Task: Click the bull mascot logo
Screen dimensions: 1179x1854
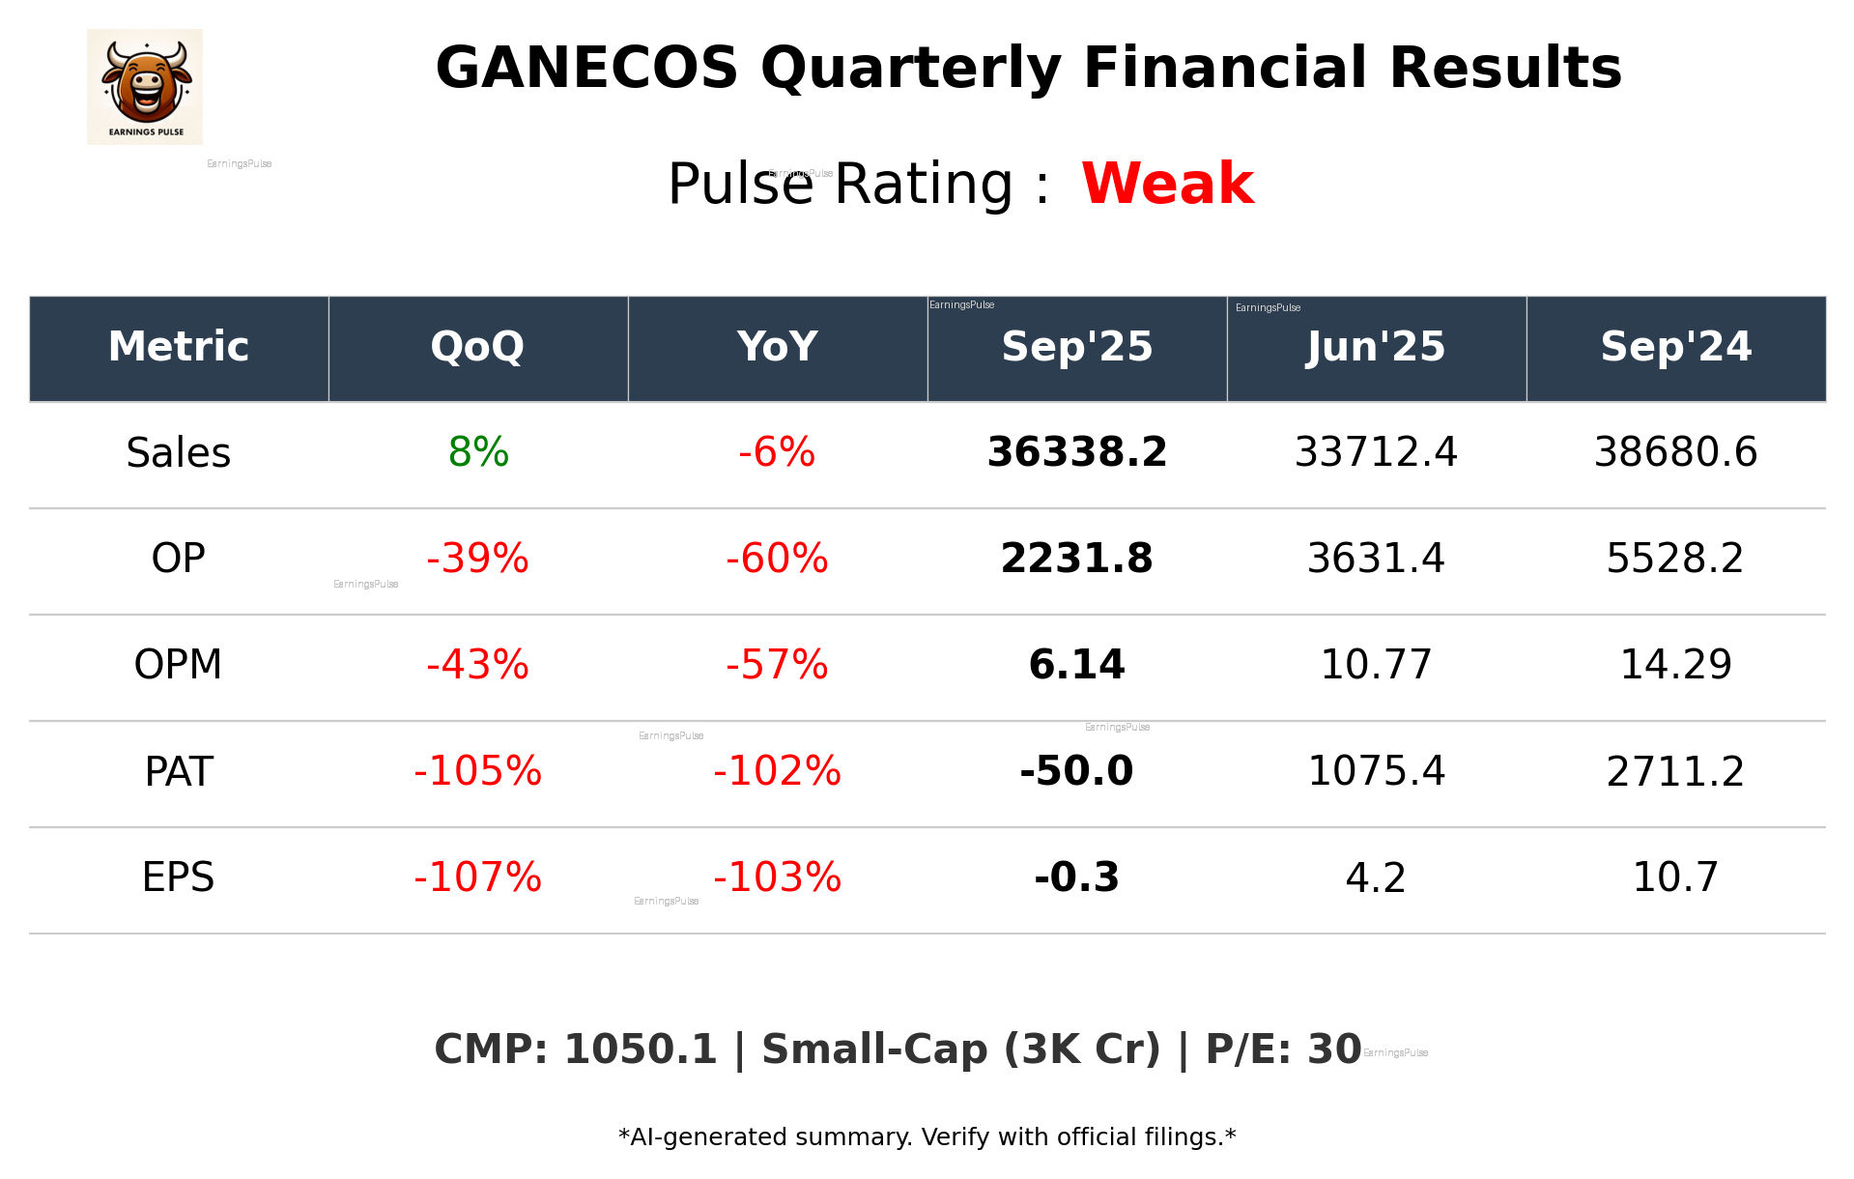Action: pos(145,86)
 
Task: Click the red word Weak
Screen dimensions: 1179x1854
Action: pos(1167,184)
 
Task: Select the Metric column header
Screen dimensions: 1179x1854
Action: pos(179,347)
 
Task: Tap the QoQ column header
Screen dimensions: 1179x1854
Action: pos(477,347)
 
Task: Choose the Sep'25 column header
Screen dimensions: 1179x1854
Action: pos(1076,347)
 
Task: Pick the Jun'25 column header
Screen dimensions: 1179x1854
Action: pos(1376,347)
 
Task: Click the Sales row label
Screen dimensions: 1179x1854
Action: pos(179,452)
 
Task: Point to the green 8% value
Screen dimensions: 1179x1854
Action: pos(478,452)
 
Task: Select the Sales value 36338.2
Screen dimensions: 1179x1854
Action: pos(1076,452)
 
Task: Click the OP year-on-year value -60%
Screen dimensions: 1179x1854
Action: pos(777,559)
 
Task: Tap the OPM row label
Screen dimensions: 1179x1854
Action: pos(179,665)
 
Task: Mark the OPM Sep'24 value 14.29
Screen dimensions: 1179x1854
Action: pos(1675,665)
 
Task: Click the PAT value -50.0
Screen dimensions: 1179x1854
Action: pos(1076,771)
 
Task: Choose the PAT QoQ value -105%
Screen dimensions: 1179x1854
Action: pos(477,771)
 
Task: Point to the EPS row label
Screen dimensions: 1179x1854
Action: pos(179,877)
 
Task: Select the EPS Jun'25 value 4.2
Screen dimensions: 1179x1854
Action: pos(1376,877)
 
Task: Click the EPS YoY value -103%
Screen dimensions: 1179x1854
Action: pos(777,877)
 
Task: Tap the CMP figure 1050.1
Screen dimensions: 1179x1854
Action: pos(640,1050)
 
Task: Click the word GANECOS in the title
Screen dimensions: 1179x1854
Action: pos(586,69)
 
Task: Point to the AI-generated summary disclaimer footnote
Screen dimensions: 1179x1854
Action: pos(927,1137)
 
